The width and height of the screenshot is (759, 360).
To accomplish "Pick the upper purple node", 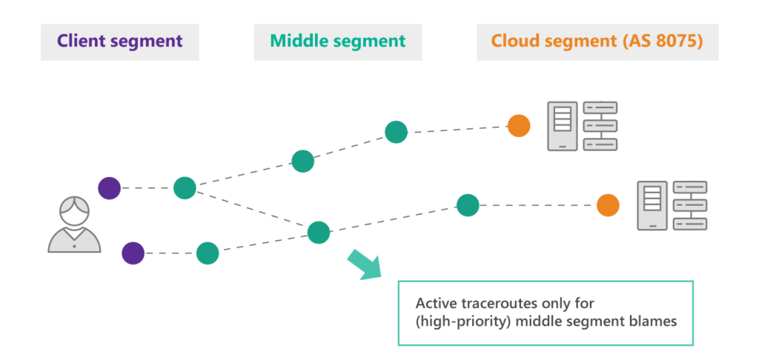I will click(x=109, y=188).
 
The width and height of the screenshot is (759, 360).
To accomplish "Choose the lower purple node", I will click(x=133, y=253).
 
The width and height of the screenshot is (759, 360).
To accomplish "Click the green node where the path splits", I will click(x=185, y=188).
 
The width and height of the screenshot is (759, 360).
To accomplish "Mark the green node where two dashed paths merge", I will click(x=319, y=233).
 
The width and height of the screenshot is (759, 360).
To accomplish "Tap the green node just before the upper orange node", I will click(x=397, y=133).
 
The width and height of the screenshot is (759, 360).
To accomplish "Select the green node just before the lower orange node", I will click(x=467, y=205).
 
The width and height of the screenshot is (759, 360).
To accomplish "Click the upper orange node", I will click(x=518, y=125).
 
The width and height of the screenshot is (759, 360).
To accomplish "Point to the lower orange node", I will click(x=608, y=205).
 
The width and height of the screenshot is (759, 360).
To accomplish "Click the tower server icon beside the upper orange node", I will click(x=563, y=126).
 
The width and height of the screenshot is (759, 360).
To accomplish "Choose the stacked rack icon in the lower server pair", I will click(x=690, y=205).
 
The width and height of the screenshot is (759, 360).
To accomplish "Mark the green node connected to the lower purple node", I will click(x=208, y=253).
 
